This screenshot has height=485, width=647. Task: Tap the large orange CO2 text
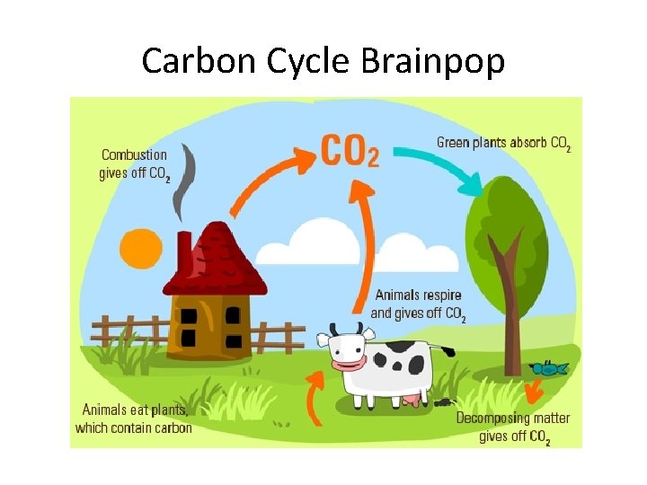350,150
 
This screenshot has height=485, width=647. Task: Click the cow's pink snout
346,364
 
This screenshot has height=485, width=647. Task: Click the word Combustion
134,154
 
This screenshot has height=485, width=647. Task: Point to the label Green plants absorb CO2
503,143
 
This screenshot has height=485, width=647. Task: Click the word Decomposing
498,419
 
